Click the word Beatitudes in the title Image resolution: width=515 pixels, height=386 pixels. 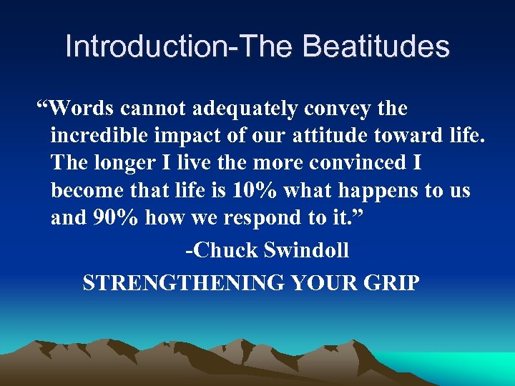[376, 47]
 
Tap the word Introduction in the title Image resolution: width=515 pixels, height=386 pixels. [142, 47]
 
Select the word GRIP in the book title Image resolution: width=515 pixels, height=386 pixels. [391, 283]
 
